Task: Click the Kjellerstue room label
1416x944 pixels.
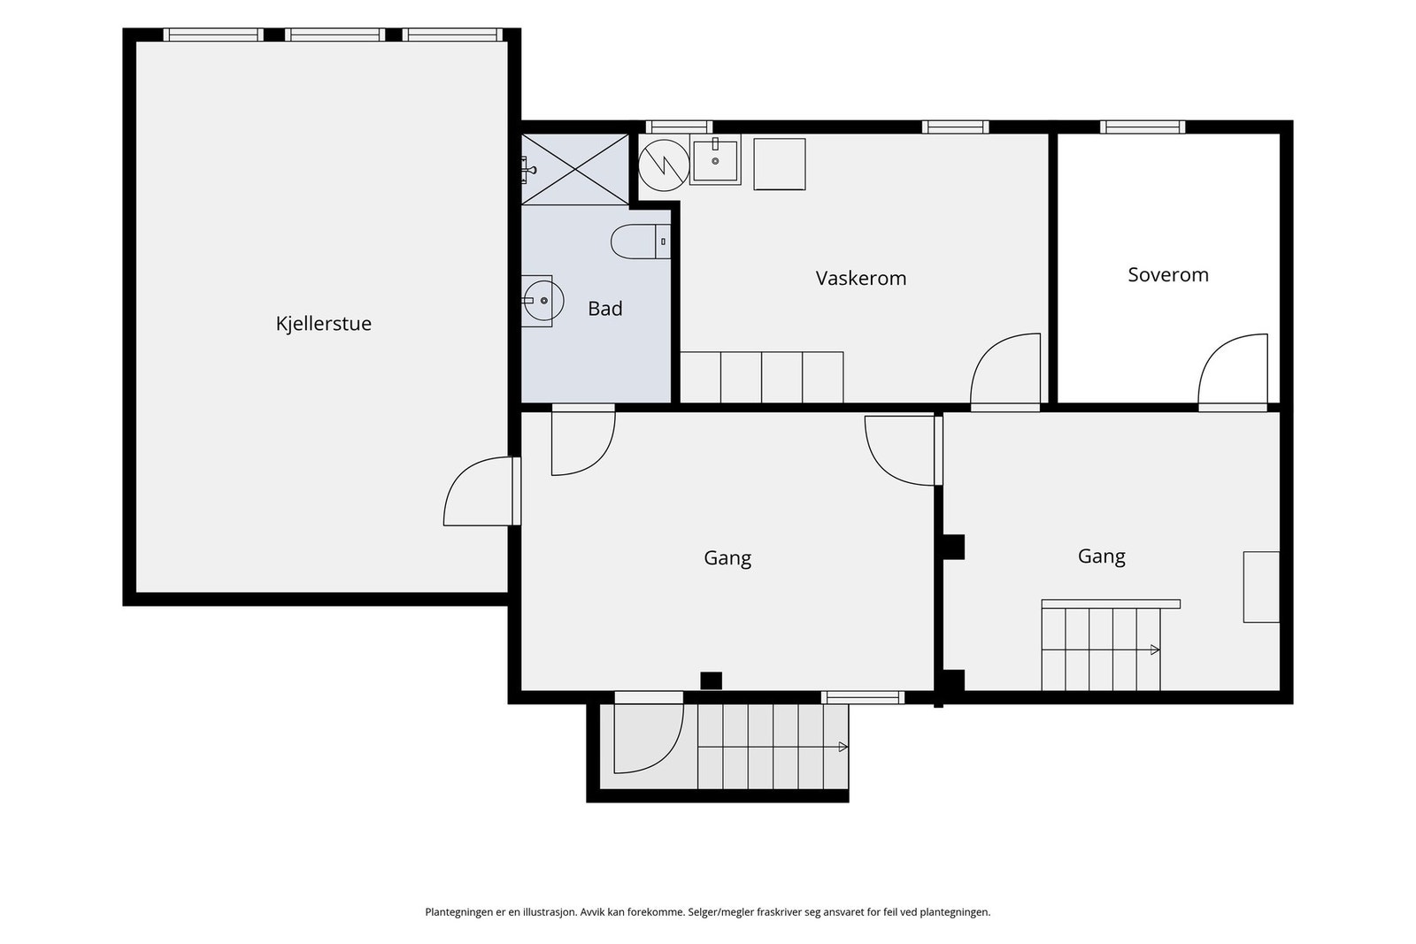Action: tap(323, 324)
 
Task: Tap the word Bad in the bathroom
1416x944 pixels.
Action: tap(605, 309)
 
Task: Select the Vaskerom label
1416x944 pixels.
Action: tap(860, 278)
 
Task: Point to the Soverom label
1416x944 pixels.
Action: tap(1167, 274)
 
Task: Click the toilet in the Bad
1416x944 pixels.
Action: tap(640, 242)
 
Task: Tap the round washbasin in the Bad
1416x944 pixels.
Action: tap(543, 301)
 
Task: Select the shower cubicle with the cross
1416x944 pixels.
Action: tap(574, 169)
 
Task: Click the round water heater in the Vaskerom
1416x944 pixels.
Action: tap(664, 165)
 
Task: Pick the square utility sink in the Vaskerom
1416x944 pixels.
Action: tap(715, 162)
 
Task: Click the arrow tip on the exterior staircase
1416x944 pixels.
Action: tap(846, 747)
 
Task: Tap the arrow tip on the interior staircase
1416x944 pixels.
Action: tap(1158, 649)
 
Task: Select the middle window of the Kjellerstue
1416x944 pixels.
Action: tap(335, 35)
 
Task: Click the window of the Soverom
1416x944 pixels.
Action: tap(1143, 127)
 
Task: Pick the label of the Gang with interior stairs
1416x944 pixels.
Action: tap(1101, 556)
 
